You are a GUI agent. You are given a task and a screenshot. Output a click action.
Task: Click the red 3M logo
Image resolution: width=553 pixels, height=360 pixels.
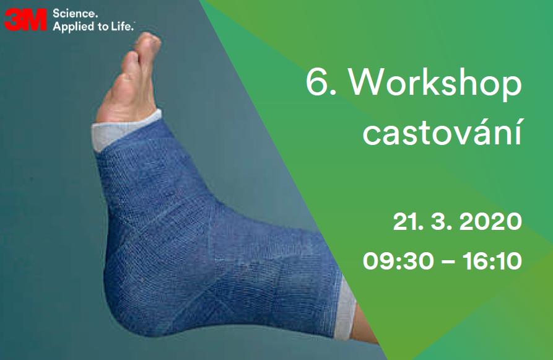[25, 19]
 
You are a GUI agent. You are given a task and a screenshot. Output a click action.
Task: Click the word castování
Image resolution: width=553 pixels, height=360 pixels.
[442, 131]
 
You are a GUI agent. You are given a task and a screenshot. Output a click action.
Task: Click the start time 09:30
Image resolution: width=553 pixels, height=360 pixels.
[398, 261]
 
